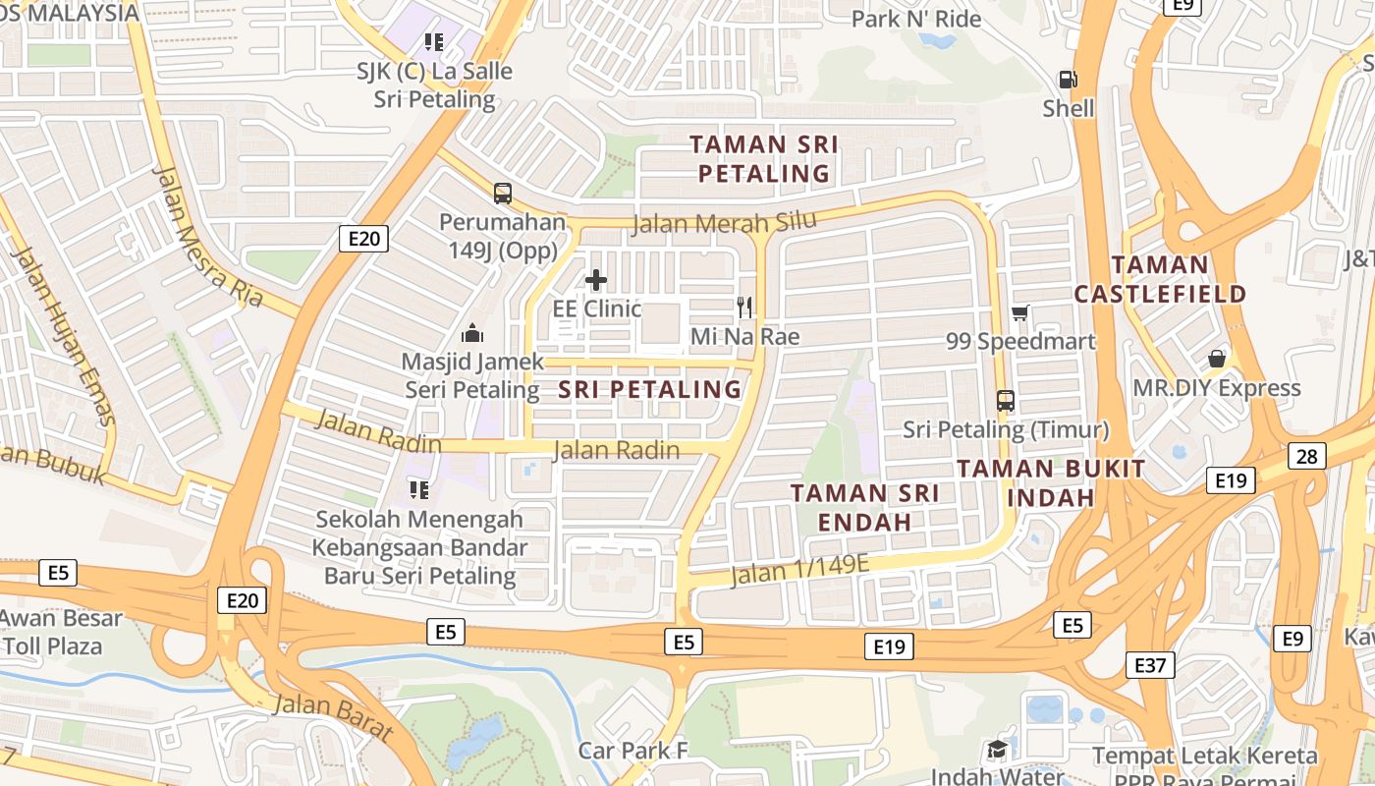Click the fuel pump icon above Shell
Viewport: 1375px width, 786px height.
(x=1068, y=80)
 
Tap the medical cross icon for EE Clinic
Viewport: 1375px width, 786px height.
(x=595, y=280)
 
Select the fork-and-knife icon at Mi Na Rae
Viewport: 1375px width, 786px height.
(x=744, y=308)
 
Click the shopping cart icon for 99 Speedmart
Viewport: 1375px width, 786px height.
(x=1020, y=313)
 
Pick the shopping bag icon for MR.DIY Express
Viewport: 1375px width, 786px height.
(x=1217, y=359)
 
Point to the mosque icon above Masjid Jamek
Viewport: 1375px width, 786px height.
(x=472, y=333)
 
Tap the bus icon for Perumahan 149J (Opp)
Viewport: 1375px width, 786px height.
(x=503, y=194)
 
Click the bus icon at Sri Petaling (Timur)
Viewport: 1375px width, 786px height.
(x=1006, y=401)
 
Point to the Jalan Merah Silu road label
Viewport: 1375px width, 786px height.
(x=724, y=223)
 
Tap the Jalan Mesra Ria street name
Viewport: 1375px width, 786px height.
(x=207, y=236)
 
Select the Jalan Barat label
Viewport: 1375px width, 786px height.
(x=334, y=718)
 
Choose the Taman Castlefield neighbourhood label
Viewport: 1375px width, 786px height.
(x=1160, y=279)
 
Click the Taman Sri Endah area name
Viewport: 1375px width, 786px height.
(x=865, y=507)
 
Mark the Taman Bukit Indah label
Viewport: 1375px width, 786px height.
(x=1051, y=482)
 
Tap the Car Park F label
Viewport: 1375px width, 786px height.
(x=632, y=751)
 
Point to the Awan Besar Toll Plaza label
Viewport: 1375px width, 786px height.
(x=61, y=632)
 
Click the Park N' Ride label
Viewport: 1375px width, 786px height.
(x=916, y=19)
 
